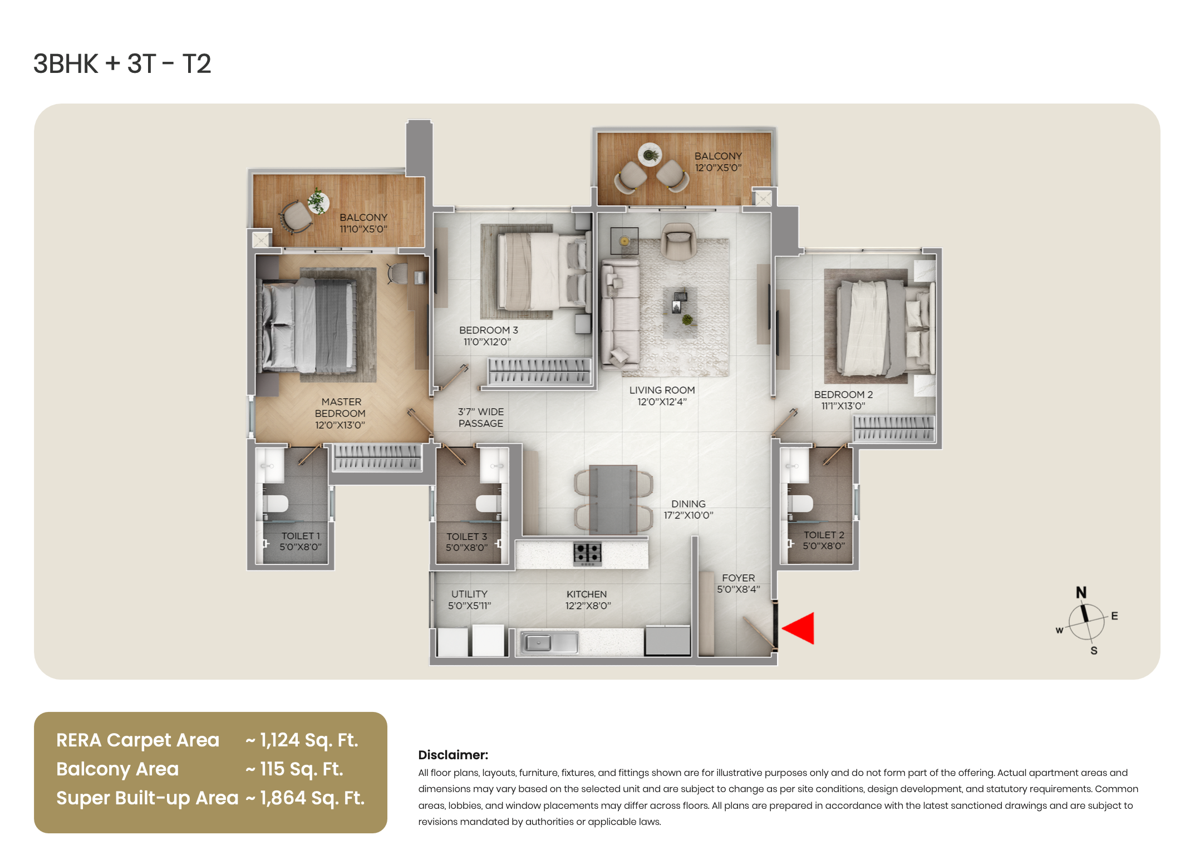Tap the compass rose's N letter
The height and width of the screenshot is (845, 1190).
pos(1081,592)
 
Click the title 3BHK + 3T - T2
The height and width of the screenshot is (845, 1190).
pos(122,64)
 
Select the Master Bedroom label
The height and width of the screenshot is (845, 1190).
pos(340,413)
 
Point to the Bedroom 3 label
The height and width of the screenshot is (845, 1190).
pos(488,330)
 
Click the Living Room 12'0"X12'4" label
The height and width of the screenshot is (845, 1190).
pos(662,396)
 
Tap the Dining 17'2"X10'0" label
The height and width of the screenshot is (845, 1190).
pos(688,509)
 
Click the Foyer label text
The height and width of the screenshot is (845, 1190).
pos(738,578)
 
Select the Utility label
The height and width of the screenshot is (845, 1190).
pos(469,594)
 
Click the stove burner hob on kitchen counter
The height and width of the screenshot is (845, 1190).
pos(587,553)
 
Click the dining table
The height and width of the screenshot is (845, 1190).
pos(613,499)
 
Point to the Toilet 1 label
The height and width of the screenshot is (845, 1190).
pos(301,536)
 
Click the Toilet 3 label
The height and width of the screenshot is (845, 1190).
pos(466,537)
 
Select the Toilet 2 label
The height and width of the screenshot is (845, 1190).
pos(824,535)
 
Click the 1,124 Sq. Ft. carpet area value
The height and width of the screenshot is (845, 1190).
pos(302,740)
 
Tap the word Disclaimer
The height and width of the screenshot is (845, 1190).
pos(453,755)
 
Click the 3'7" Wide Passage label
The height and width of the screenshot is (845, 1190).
pos(480,417)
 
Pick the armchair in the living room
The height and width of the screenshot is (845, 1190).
pos(678,240)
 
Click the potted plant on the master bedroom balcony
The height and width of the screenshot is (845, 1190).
pos(318,201)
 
